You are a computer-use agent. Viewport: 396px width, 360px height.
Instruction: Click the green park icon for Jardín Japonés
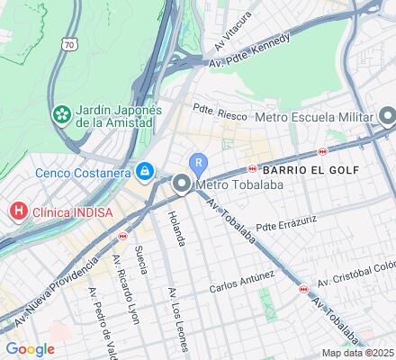click(62, 115)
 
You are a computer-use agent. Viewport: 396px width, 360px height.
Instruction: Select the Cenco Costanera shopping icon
click(144, 169)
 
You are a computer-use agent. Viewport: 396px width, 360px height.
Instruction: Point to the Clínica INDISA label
click(65, 212)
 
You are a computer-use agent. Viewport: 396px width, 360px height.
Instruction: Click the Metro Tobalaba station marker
click(182, 185)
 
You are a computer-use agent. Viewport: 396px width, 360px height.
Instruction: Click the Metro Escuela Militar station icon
click(388, 115)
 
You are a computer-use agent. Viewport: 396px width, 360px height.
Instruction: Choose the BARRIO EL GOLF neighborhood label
click(310, 169)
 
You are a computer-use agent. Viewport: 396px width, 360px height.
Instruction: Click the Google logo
click(30, 349)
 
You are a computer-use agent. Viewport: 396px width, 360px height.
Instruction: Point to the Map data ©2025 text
click(358, 353)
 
